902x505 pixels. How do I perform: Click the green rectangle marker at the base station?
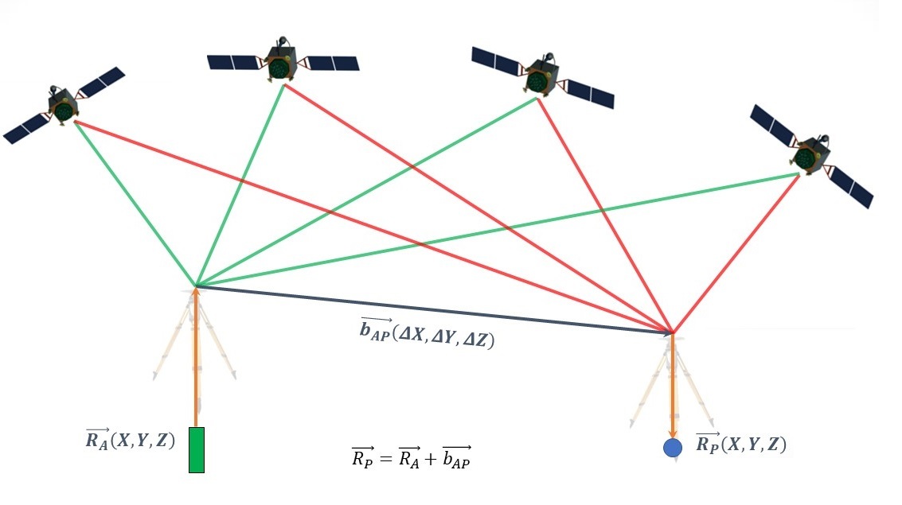(196, 450)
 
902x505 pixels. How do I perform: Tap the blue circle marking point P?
(673, 448)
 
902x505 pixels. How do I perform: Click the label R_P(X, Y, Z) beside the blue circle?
(741, 444)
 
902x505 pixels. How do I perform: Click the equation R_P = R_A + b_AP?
(411, 457)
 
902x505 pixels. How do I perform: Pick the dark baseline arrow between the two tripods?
(430, 308)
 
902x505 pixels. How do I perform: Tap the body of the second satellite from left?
(282, 63)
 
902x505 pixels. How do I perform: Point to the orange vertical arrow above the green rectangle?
(196, 358)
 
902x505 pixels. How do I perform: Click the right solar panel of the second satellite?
(332, 63)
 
